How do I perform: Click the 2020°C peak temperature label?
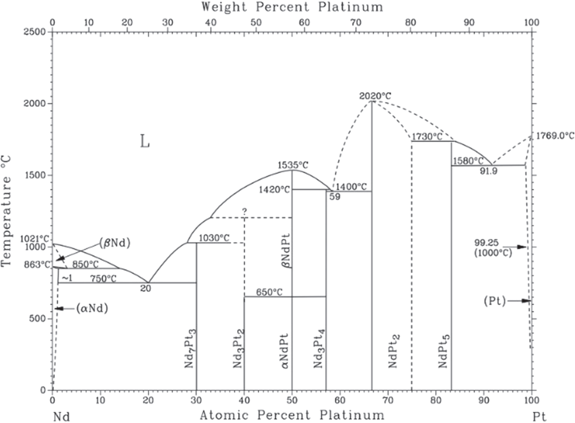[x=375, y=96]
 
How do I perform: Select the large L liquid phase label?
[x=145, y=141]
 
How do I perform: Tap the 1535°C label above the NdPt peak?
[x=293, y=165]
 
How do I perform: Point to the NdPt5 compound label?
[x=444, y=351]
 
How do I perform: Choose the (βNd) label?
[x=115, y=243]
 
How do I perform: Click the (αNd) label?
[x=92, y=309]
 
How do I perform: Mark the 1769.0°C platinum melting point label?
[x=555, y=136]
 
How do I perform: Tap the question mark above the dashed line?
[x=244, y=211]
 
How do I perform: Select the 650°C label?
[x=269, y=292]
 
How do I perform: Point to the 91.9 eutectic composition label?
[x=489, y=171]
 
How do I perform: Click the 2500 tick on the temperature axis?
[x=35, y=32]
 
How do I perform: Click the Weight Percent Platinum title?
[x=292, y=7]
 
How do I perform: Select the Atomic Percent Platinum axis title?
[x=292, y=415]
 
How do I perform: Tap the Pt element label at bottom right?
[x=539, y=416]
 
